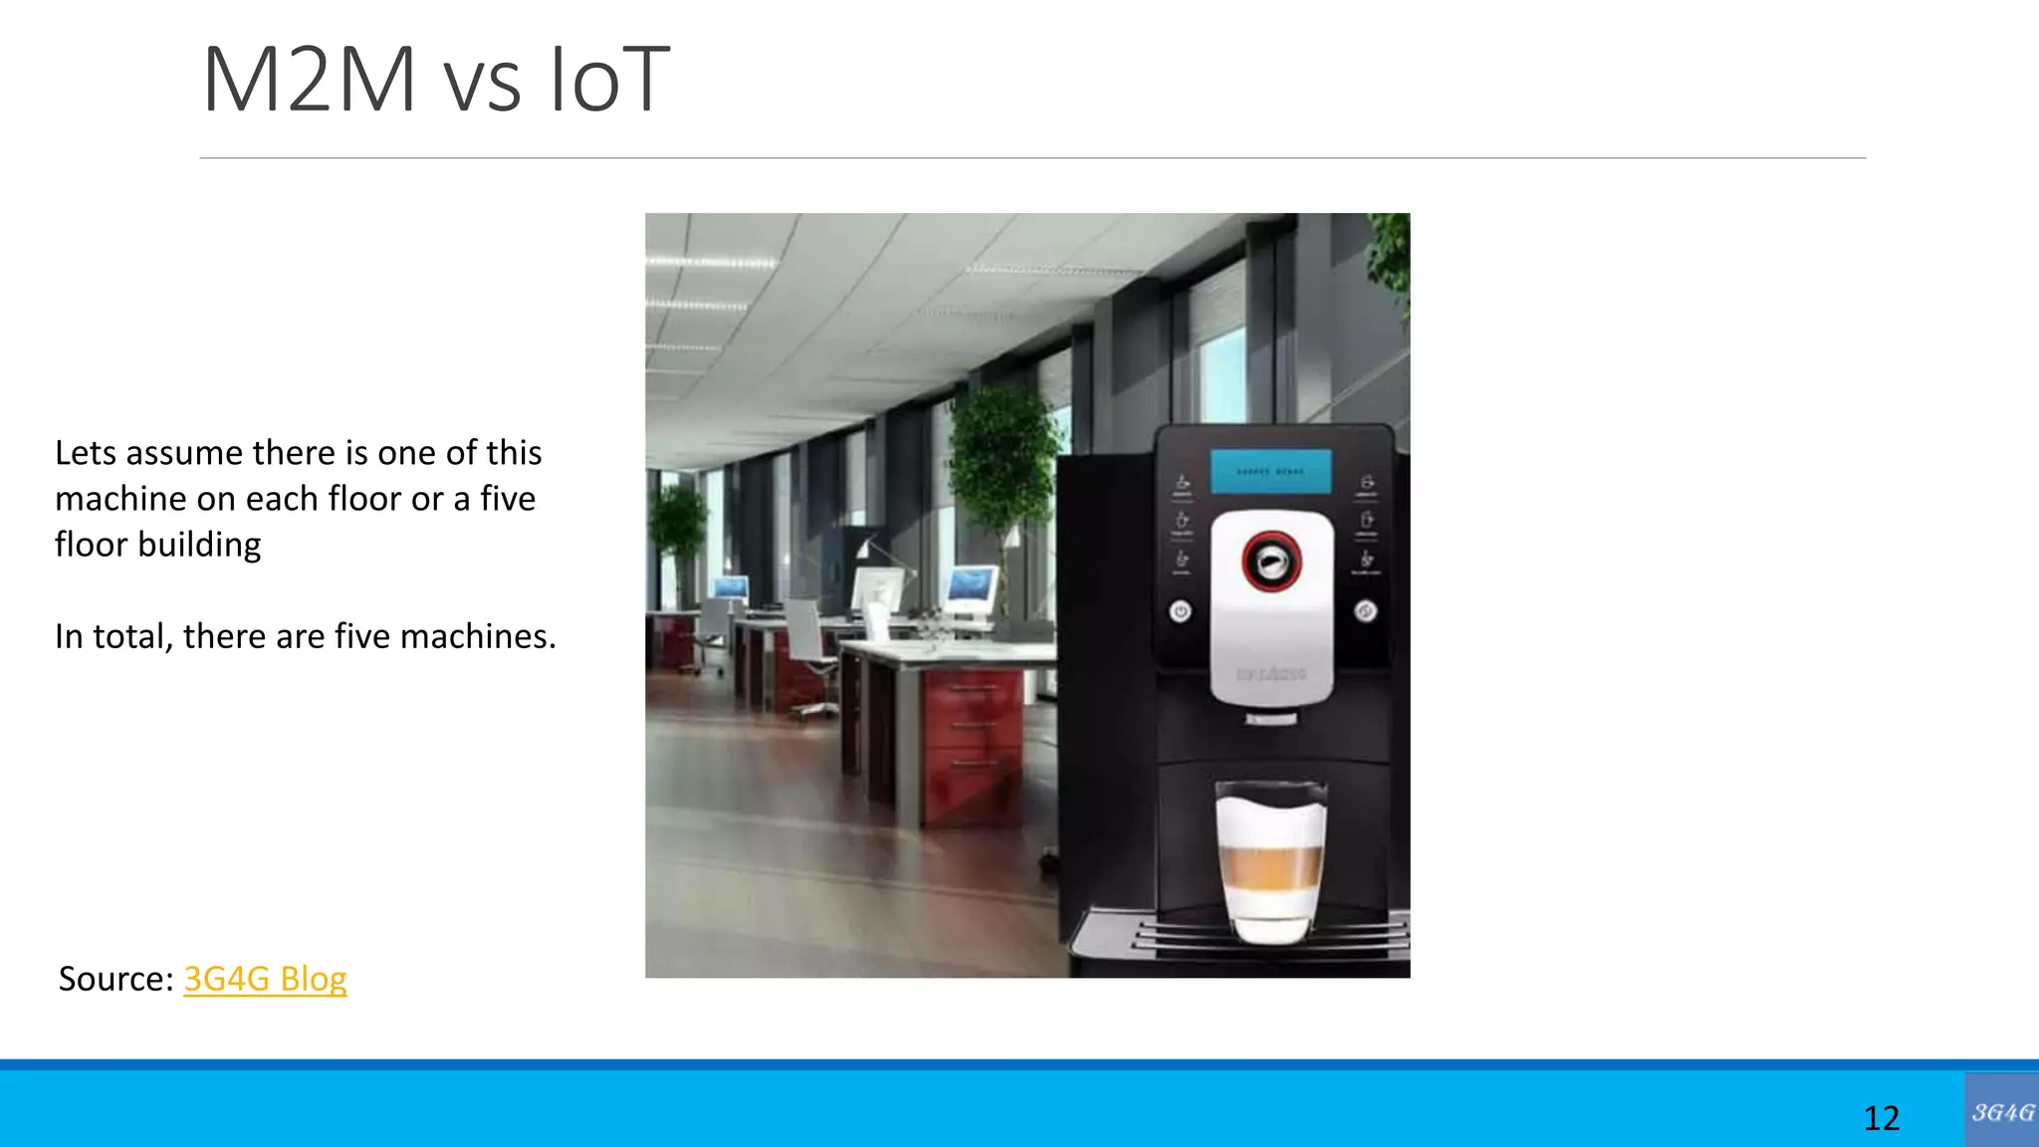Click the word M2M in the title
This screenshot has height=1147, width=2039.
[310, 80]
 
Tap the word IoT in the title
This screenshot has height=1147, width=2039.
[610, 80]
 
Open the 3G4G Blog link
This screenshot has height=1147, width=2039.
[265, 979]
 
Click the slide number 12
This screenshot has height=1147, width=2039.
[1881, 1118]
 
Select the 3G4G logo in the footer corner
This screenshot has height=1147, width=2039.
[2001, 1111]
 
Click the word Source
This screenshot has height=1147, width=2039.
[115, 979]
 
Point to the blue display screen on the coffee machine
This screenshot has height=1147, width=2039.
[1270, 471]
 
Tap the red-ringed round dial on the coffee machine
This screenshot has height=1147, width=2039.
[1271, 562]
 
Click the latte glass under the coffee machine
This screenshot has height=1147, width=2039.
[1271, 861]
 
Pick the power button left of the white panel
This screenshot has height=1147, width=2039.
[1180, 610]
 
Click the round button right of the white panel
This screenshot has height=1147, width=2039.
[1366, 610]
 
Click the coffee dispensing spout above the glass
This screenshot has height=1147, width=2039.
[1271, 718]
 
